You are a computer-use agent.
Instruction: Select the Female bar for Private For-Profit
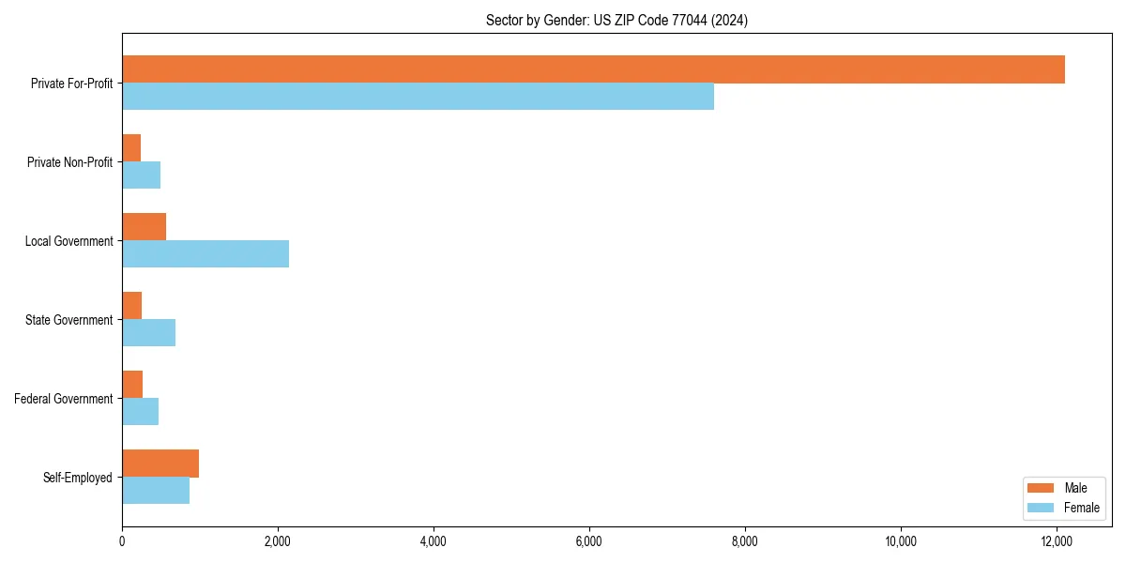[x=418, y=97]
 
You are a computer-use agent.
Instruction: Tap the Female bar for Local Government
[x=205, y=254]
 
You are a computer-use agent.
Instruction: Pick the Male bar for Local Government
[x=144, y=227]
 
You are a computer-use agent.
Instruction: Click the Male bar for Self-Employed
[x=160, y=464]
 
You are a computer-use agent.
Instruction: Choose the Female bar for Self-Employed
[x=156, y=491]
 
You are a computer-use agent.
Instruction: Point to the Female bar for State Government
[x=148, y=333]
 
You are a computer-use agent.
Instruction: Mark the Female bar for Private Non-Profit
[x=141, y=175]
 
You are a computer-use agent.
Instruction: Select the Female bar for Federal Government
[x=140, y=412]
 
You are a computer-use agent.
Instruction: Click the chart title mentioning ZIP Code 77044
[x=616, y=20]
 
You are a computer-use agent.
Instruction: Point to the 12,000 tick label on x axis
[x=1057, y=541]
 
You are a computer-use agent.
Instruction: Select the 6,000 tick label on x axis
[x=589, y=541]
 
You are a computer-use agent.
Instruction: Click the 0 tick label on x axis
[x=122, y=541]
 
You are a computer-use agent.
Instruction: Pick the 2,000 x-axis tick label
[x=278, y=541]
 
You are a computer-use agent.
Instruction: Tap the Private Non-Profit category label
[x=69, y=162]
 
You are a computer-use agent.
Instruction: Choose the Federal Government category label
[x=64, y=399]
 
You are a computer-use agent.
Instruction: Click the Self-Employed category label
[x=78, y=478]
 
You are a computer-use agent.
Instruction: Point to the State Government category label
[x=69, y=320]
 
